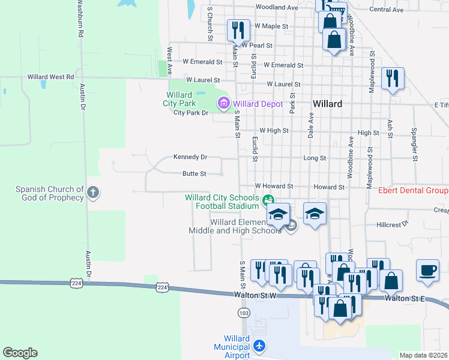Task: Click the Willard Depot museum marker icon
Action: (x=224, y=104)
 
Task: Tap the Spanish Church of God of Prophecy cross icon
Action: (x=92, y=193)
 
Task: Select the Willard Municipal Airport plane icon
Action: (x=259, y=346)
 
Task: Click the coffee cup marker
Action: (x=428, y=270)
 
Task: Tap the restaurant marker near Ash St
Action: (x=393, y=78)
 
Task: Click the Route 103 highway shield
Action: (x=243, y=313)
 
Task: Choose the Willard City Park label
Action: (x=179, y=99)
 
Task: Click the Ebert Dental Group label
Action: (x=413, y=191)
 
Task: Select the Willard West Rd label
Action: (x=50, y=77)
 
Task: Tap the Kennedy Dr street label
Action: (x=190, y=157)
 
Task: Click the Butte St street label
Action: (x=194, y=174)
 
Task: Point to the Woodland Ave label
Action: (x=276, y=8)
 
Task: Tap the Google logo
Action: (x=20, y=353)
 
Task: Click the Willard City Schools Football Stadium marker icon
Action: (x=268, y=199)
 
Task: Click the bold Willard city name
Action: (x=327, y=104)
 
